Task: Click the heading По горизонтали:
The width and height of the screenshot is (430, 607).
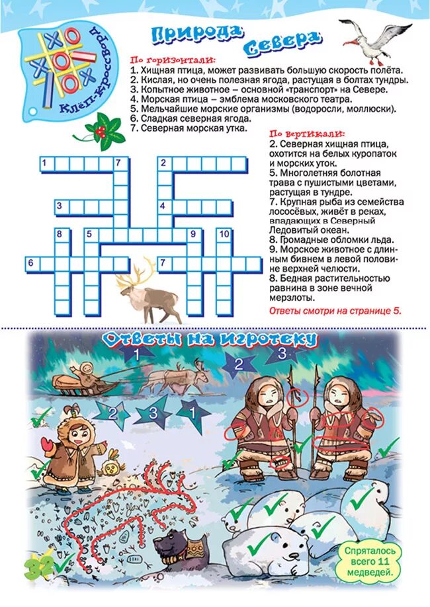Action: click(x=163, y=60)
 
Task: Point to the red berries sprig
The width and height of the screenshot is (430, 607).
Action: click(x=99, y=129)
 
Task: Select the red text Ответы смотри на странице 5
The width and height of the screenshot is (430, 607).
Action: click(x=335, y=309)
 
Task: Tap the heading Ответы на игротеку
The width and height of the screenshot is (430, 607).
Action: click(x=210, y=339)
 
